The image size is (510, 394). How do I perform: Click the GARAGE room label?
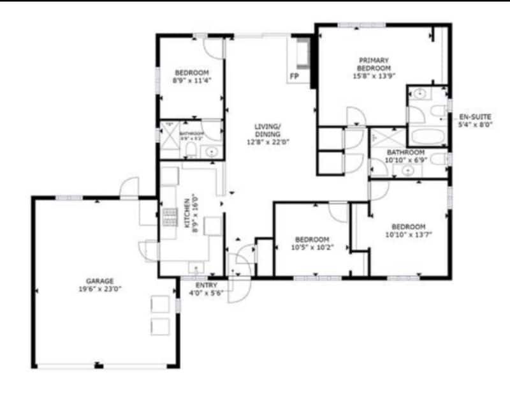pyautogui.click(x=100, y=280)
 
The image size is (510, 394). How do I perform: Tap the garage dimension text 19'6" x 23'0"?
pyautogui.click(x=100, y=289)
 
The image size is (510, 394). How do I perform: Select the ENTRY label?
pyautogui.click(x=207, y=285)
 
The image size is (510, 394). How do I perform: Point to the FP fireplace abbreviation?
pyautogui.click(x=295, y=77)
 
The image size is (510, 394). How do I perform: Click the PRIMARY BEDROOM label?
pyautogui.click(x=374, y=64)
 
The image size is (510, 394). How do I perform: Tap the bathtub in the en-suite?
pyautogui.click(x=427, y=137)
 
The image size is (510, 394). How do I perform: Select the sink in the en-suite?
pyautogui.click(x=419, y=95)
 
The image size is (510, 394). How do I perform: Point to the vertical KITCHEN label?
pyautogui.click(x=187, y=213)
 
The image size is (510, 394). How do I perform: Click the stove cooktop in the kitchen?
pyautogui.click(x=169, y=217)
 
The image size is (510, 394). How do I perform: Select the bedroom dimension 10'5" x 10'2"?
pyautogui.click(x=312, y=247)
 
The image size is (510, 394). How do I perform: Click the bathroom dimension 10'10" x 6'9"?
pyautogui.click(x=406, y=160)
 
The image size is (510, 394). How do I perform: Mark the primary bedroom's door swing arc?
pyautogui.click(x=355, y=117)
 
